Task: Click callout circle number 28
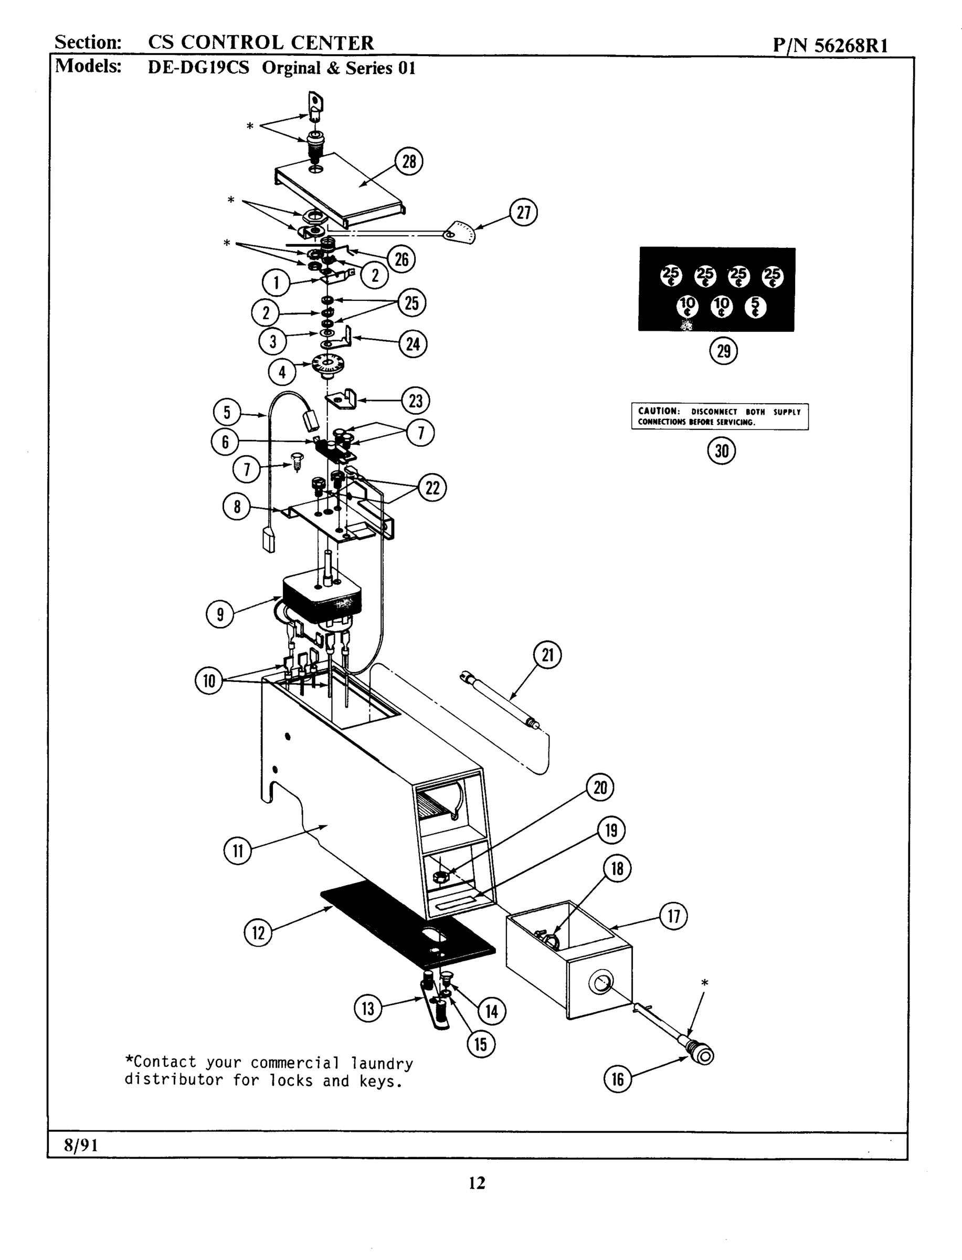(x=409, y=162)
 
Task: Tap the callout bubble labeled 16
(x=617, y=1079)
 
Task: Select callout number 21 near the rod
(x=547, y=655)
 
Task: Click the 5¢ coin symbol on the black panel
(x=755, y=308)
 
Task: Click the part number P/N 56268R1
(x=830, y=45)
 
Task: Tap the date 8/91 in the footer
(x=81, y=1145)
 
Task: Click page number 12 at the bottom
(x=477, y=1183)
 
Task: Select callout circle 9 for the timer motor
(x=220, y=615)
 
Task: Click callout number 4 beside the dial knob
(x=282, y=372)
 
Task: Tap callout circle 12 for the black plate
(x=258, y=933)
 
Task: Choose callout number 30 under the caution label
(x=722, y=451)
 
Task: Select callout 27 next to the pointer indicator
(x=523, y=213)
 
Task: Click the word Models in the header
(x=88, y=67)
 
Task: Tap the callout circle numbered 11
(x=237, y=850)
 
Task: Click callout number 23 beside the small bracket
(x=415, y=401)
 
